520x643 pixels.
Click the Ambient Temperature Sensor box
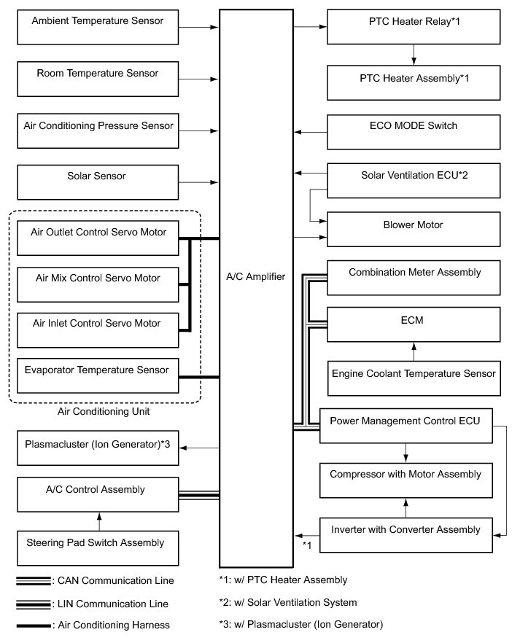(97, 28)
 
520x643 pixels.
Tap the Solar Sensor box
(97, 182)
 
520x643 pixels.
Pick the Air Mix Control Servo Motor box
(97, 284)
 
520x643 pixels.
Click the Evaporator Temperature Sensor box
(97, 375)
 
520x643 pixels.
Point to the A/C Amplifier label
(256, 276)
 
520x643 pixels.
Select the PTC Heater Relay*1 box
(414, 28)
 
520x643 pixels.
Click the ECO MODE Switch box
(414, 132)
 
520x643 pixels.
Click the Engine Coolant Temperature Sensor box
(414, 379)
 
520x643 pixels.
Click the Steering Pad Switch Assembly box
(97, 548)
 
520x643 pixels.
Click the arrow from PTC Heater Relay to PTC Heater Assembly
(414, 55)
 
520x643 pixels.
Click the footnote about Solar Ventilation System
(287, 602)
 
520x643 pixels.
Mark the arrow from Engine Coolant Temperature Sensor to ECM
(414, 352)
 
